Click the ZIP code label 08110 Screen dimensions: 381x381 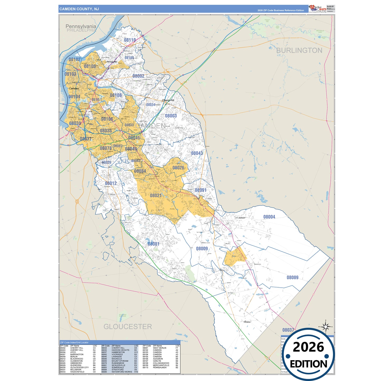[x=130, y=40]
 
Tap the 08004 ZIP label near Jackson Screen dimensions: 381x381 [x=269, y=217]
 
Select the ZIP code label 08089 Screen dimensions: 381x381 [x=292, y=277]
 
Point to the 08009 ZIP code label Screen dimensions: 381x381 [x=202, y=249]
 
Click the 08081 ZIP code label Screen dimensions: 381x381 [x=153, y=244]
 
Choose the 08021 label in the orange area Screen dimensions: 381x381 [x=156, y=195]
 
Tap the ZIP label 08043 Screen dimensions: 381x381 [x=197, y=153]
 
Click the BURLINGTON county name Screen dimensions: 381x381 [x=299, y=50]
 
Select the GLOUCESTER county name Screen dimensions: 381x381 [x=128, y=326]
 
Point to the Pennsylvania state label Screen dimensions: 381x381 [x=81, y=26]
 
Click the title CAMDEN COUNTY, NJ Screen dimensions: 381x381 [x=79, y=9]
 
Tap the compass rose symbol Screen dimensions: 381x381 [x=326, y=327]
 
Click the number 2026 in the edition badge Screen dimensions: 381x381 [x=308, y=347]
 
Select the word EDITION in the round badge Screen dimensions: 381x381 [x=308, y=364]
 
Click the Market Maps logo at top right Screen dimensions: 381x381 [x=318, y=9]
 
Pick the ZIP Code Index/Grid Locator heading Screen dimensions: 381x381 [x=74, y=343]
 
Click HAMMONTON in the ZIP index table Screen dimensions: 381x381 [x=118, y=352]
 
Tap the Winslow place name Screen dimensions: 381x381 [x=247, y=322]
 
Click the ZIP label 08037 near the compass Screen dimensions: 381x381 [x=288, y=330]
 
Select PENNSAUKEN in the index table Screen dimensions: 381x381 [x=160, y=367]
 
